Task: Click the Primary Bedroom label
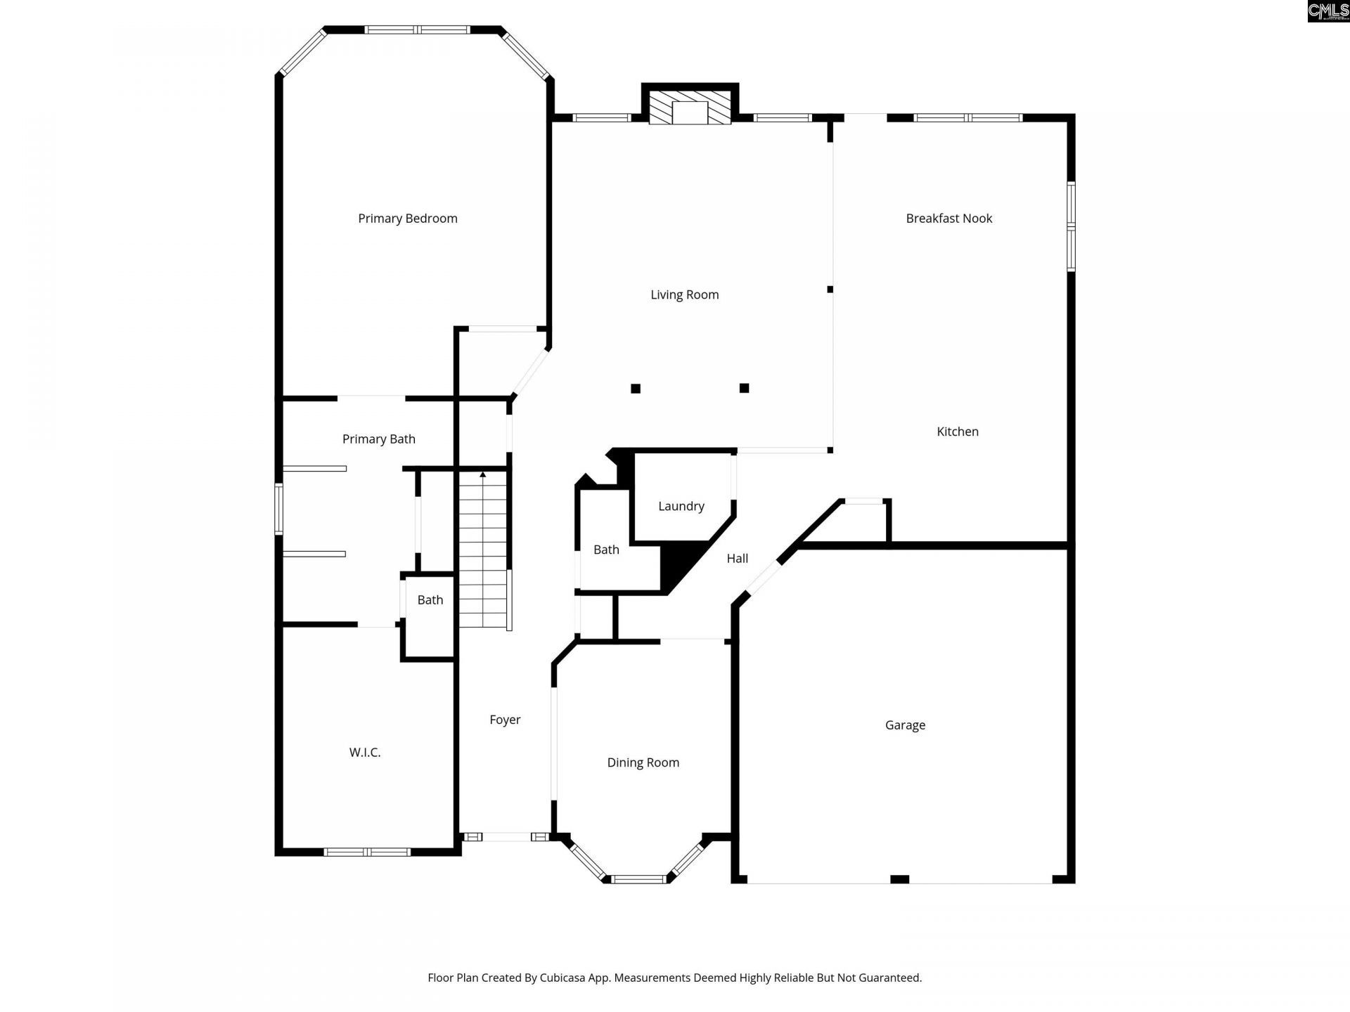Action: pyautogui.click(x=407, y=219)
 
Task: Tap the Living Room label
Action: pyautogui.click(x=684, y=294)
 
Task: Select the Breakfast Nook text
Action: pyautogui.click(x=949, y=219)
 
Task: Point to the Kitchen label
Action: pyautogui.click(x=957, y=432)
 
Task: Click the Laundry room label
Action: pyautogui.click(x=681, y=506)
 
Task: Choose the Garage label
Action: pyautogui.click(x=904, y=725)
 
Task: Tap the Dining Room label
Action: pyautogui.click(x=643, y=763)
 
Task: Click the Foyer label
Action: pyautogui.click(x=505, y=720)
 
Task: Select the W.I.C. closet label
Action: pyautogui.click(x=364, y=752)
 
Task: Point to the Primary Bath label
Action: pyautogui.click(x=378, y=439)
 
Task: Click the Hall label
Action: pyautogui.click(x=737, y=559)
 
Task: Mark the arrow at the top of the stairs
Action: pyautogui.click(x=483, y=475)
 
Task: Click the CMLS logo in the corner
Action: pyautogui.click(x=1327, y=11)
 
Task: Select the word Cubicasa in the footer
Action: pyautogui.click(x=563, y=978)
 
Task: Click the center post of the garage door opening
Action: pyautogui.click(x=899, y=879)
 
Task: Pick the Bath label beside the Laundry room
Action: pyautogui.click(x=606, y=550)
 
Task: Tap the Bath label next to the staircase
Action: pyautogui.click(x=430, y=600)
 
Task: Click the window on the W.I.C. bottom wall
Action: pyautogui.click(x=367, y=852)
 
